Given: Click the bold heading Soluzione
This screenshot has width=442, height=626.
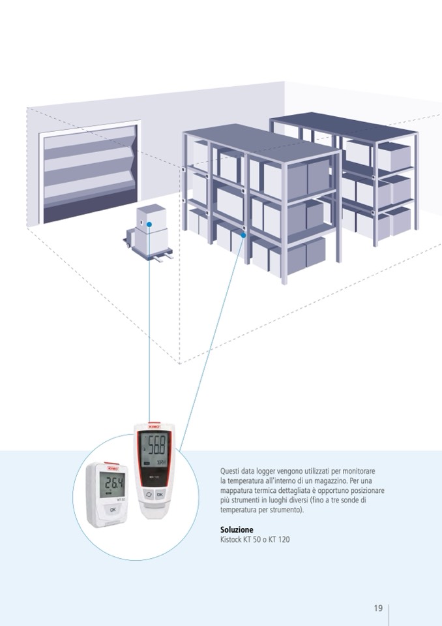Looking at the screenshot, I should pyautogui.click(x=237, y=529).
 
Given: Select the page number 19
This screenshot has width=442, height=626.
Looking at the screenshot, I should pyautogui.click(x=378, y=608).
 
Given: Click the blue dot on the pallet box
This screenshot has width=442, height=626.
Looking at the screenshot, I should pyautogui.click(x=149, y=224).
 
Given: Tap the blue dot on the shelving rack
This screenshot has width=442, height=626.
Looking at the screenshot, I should pyautogui.click(x=244, y=235).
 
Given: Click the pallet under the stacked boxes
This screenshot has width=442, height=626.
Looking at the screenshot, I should pyautogui.click(x=150, y=251).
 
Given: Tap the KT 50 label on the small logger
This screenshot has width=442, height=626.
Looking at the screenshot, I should pyautogui.click(x=121, y=498).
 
